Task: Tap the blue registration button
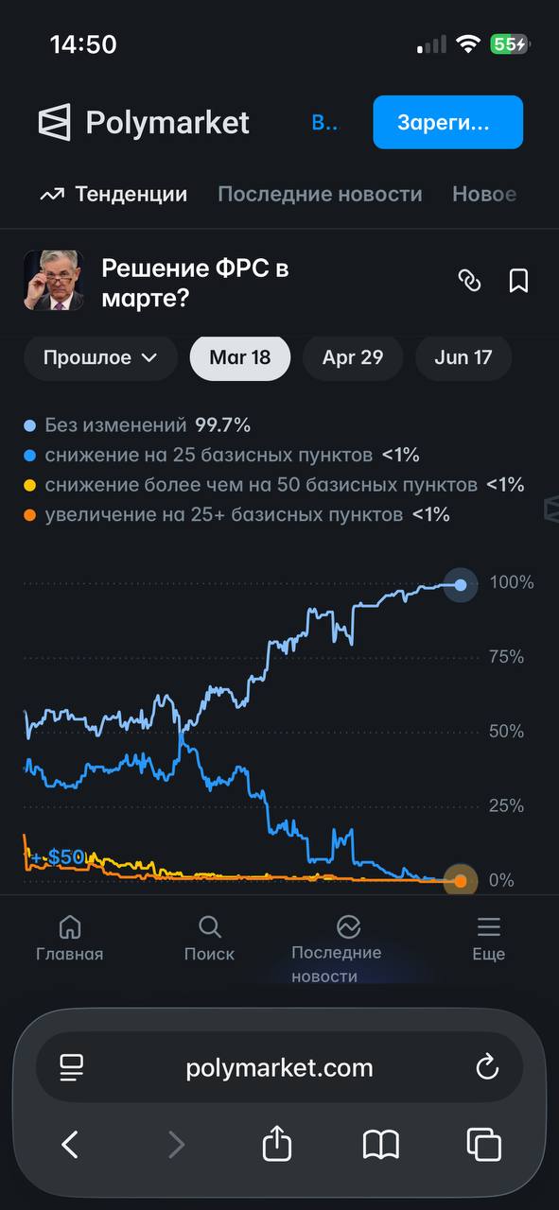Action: coord(447,122)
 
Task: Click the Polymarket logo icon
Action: coord(55,122)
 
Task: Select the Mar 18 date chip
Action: coord(240,357)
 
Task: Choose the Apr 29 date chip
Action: coord(353,357)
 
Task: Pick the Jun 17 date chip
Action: coord(463,357)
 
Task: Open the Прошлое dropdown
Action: coord(100,357)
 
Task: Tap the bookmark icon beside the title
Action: coord(518,281)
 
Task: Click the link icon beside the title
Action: coord(469,281)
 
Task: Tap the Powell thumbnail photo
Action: coord(54,281)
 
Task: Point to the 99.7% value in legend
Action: coord(222,425)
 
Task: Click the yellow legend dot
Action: coord(29,485)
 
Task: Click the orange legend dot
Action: coord(29,515)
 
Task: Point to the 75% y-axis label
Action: coord(506,657)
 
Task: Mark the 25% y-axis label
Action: coord(506,806)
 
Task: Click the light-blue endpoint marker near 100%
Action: coord(461,584)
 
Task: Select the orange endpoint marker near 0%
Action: coord(461,881)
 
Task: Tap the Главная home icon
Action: coord(70,927)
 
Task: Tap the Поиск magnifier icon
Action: coord(210,927)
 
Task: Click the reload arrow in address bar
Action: coord(487,1066)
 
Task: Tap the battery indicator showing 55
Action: coord(509,44)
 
